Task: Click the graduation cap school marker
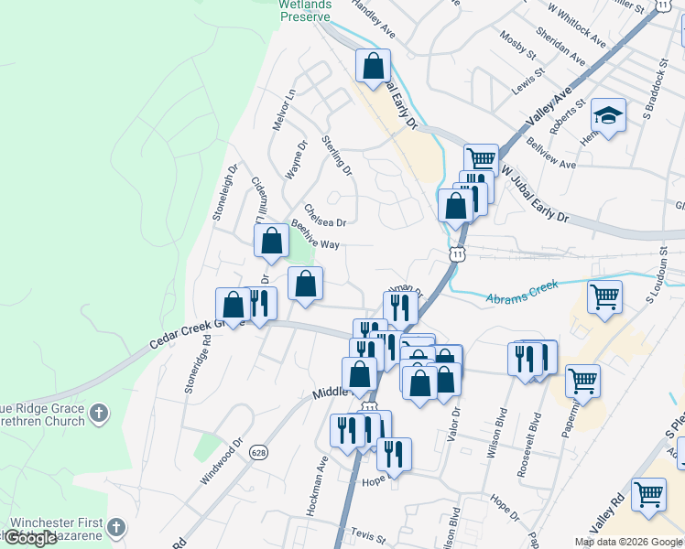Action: tap(608, 115)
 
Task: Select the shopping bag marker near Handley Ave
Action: tap(373, 65)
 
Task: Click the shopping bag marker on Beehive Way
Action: tap(272, 242)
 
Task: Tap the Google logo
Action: tap(30, 538)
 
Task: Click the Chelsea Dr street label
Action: tap(325, 216)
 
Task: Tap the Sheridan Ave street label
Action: tap(566, 45)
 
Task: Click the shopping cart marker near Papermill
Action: tap(582, 381)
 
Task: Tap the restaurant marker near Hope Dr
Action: tap(394, 454)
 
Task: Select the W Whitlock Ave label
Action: tap(576, 25)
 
